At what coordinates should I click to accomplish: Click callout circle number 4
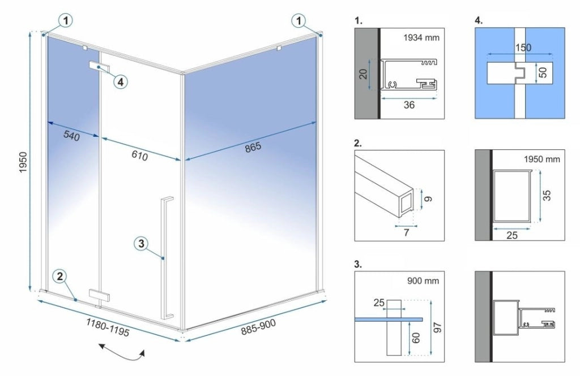(x=120, y=81)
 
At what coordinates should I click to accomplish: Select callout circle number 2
(x=61, y=276)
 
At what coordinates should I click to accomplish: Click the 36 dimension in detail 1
(x=409, y=105)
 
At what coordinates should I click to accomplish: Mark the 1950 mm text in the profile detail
(x=542, y=159)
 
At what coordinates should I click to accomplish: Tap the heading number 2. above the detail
(x=359, y=142)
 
